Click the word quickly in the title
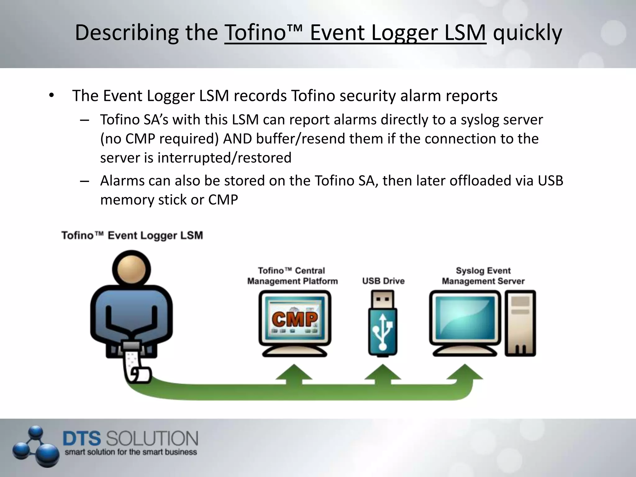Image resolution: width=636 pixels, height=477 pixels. pos(527,33)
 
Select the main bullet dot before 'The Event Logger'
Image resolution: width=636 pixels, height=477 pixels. pos(51,96)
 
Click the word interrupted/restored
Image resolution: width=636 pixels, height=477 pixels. pos(224,158)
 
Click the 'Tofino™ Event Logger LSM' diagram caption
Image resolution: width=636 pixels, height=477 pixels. pos(132,235)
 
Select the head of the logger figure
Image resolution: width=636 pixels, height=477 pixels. pos(131,269)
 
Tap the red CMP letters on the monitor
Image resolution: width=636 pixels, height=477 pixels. pos(295,319)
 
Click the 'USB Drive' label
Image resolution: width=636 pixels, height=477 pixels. pos(383,281)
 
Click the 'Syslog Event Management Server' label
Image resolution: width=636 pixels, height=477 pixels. pos(483,276)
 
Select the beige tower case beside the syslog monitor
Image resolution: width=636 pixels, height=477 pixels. pos(520,323)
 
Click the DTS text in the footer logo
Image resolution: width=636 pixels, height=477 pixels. pos(82,439)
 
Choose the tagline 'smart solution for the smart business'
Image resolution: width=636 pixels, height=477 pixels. pos(131,452)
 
